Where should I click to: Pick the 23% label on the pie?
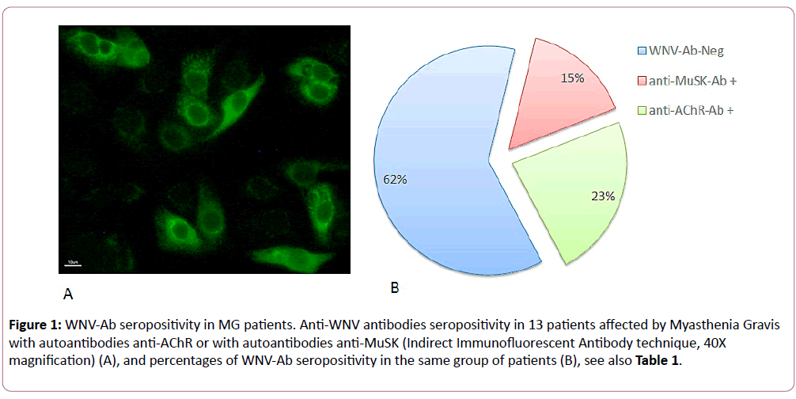(604, 196)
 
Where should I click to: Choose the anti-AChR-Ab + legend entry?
(677, 110)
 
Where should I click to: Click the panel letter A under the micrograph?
(67, 294)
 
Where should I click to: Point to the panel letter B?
(395, 288)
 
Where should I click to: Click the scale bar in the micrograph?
(73, 264)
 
